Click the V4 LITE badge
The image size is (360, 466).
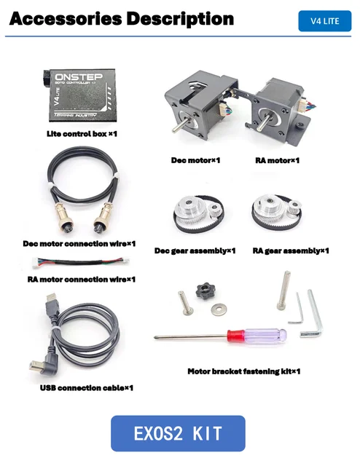(x=324, y=21)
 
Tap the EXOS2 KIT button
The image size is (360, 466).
(x=178, y=433)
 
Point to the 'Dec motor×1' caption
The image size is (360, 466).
(x=196, y=160)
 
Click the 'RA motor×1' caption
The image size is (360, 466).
(x=277, y=160)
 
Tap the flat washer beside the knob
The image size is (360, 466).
(x=219, y=309)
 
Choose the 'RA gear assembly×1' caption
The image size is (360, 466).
(x=291, y=251)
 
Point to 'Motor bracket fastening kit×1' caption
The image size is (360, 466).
(x=243, y=371)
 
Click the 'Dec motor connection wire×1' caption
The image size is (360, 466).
(x=74, y=243)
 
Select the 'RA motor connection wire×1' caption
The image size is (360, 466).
(x=81, y=278)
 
